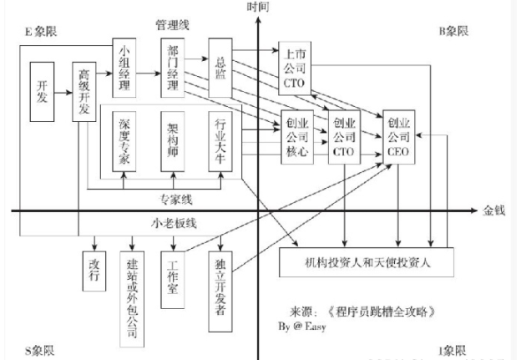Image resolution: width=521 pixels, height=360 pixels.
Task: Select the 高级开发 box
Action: [84, 92]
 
